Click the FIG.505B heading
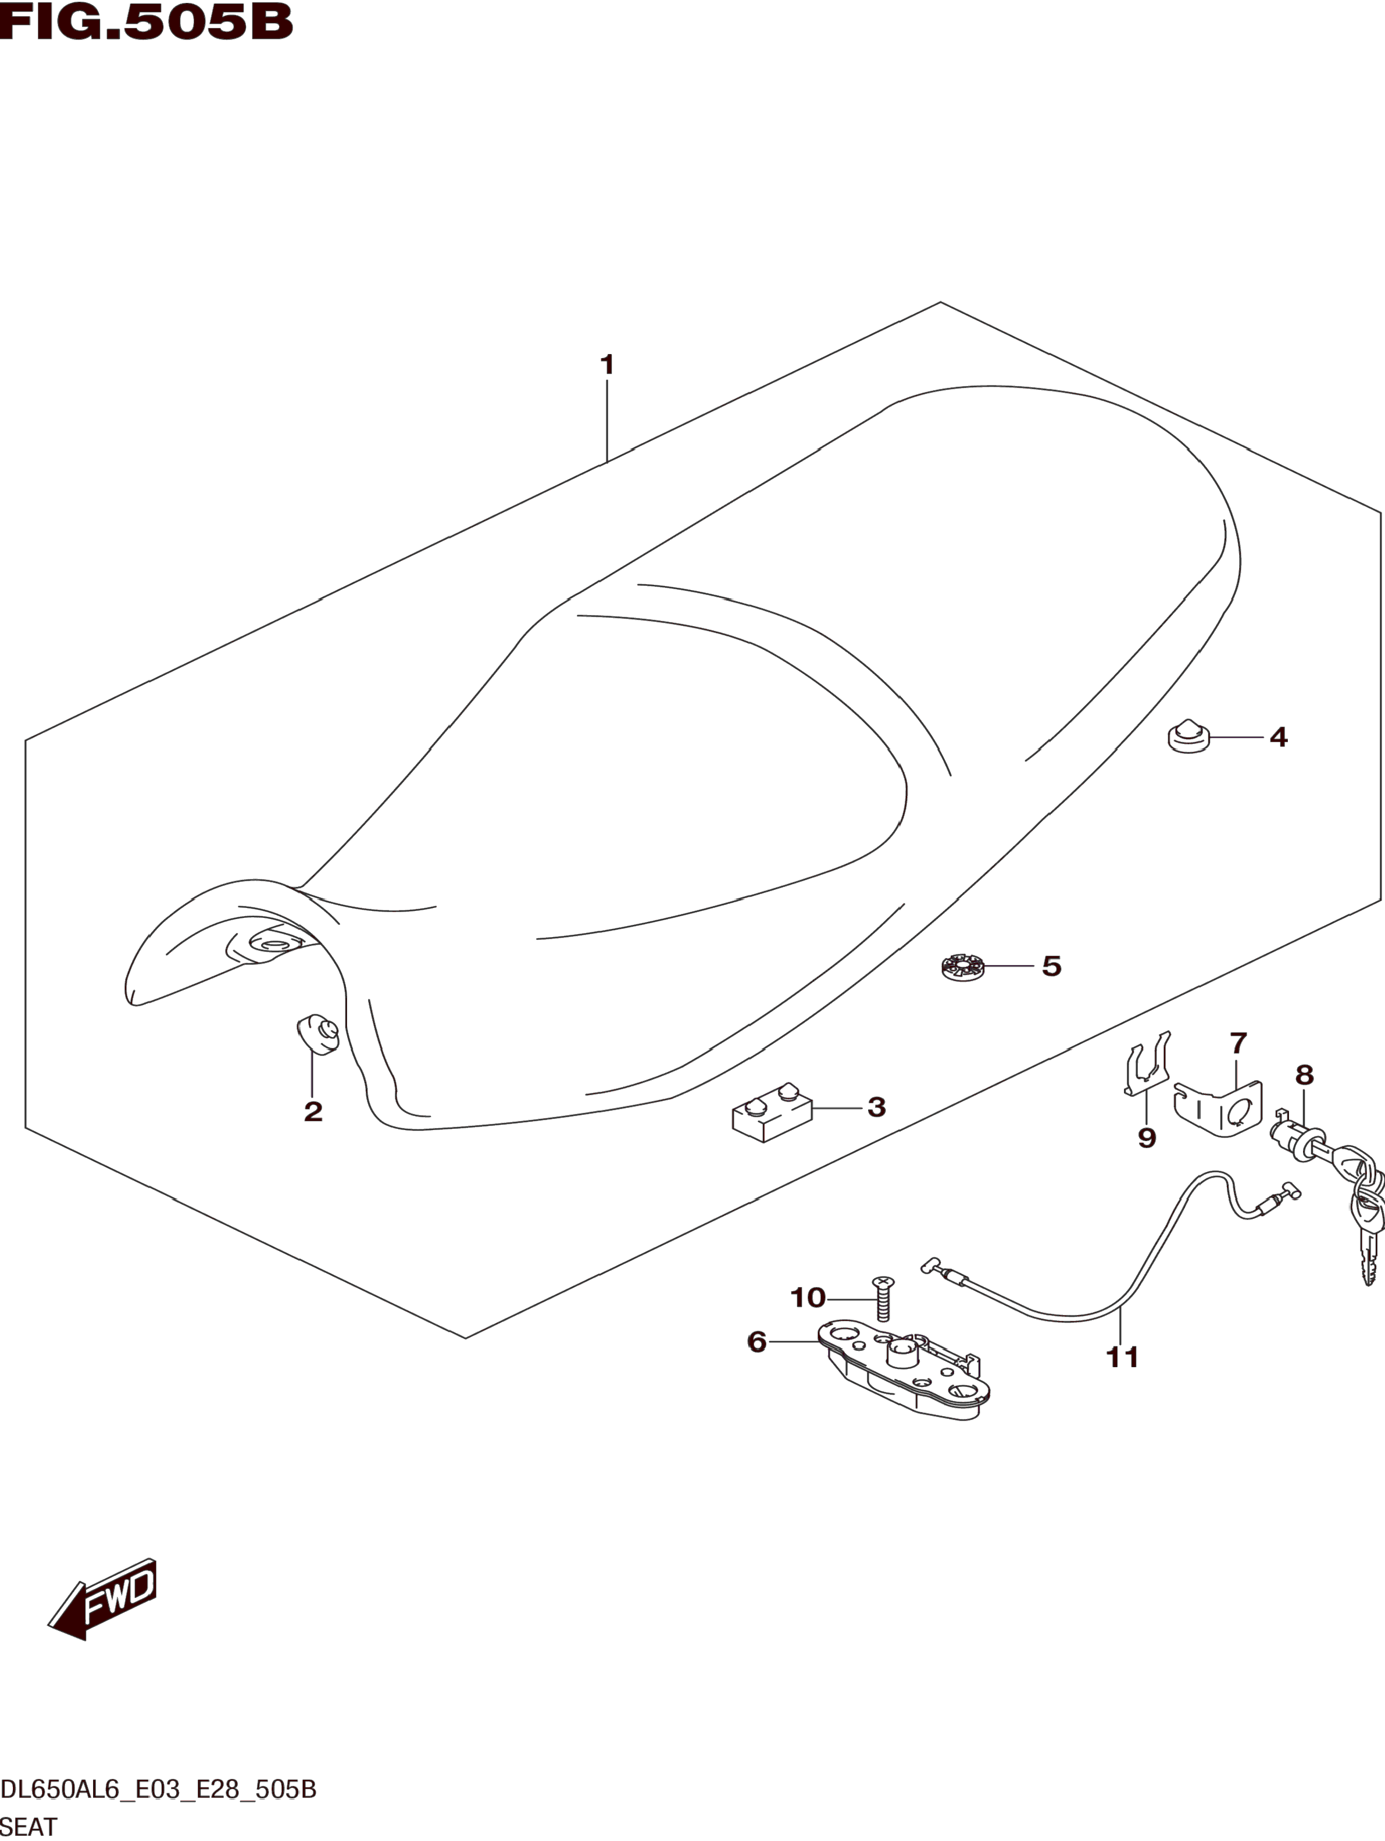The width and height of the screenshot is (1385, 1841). click(147, 23)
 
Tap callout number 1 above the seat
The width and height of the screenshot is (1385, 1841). click(607, 364)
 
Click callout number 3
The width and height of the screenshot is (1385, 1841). click(876, 1107)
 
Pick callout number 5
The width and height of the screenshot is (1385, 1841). click(1051, 966)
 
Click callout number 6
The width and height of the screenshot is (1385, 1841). click(756, 1342)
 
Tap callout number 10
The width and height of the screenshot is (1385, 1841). click(808, 1297)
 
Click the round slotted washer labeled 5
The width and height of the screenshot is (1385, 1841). click(962, 967)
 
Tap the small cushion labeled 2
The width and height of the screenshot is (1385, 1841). click(319, 1035)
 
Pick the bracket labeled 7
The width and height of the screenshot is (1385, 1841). click(1219, 1109)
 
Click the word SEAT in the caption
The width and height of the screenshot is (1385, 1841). click(29, 1826)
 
